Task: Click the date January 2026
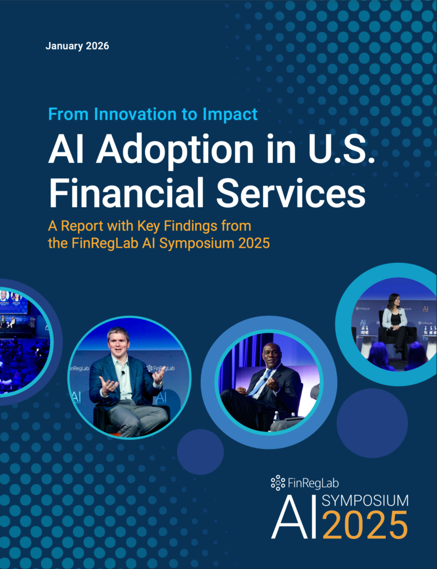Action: [77, 46]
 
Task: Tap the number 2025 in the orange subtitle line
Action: [254, 243]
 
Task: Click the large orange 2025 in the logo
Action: [364, 525]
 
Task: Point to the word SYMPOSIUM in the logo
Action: [365, 501]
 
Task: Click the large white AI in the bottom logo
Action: [294, 517]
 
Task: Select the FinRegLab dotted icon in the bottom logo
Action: [278, 483]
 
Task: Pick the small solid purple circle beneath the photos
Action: [200, 452]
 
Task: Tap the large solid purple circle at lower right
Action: [372, 423]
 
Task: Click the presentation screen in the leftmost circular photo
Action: [14, 302]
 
